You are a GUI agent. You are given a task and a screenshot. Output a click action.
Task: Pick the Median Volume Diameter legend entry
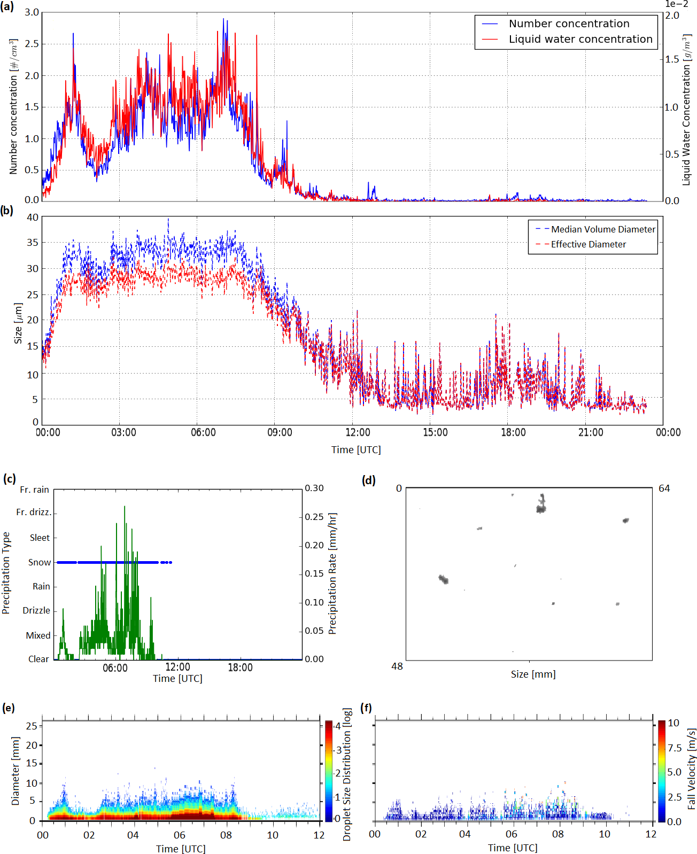[595, 229]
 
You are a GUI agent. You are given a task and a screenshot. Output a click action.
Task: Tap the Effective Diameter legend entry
[581, 244]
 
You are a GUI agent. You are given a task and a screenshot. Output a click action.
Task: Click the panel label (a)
[7, 6]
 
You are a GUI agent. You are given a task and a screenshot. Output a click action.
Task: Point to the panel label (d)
[369, 480]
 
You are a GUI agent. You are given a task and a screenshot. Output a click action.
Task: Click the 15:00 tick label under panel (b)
[436, 432]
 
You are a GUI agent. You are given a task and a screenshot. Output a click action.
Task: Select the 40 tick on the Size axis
[33, 218]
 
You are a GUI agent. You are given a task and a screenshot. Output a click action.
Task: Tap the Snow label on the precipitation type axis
[39, 562]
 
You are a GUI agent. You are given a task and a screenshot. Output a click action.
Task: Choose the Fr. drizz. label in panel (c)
[34, 512]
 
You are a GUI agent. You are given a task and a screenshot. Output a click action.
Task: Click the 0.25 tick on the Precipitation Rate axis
[314, 517]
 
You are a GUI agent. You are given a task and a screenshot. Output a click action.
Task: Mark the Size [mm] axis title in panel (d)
[533, 674]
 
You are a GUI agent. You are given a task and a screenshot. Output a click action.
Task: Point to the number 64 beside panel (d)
[664, 488]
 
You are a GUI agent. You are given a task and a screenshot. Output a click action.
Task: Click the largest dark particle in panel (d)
[541, 503]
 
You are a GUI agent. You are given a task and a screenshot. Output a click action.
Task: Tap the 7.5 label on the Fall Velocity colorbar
[675, 748]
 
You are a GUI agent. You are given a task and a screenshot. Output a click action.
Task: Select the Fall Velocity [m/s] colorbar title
[691, 769]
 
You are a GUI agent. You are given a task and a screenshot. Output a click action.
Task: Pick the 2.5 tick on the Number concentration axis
[32, 44]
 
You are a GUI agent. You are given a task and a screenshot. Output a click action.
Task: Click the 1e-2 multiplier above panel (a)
[676, 4]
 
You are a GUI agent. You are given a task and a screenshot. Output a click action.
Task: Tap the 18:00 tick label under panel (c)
[240, 667]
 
